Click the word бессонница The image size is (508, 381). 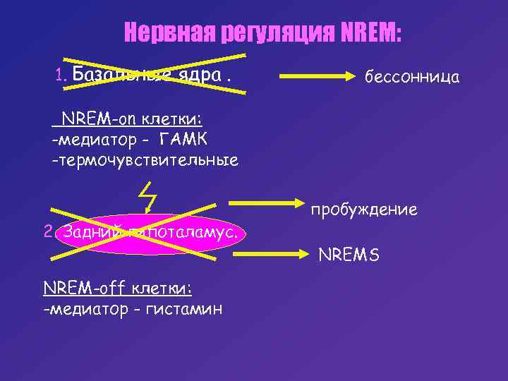412,77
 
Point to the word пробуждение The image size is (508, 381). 363,210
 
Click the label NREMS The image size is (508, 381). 349,254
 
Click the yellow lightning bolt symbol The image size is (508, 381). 147,195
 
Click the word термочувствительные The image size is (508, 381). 145,161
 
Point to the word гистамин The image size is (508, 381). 185,309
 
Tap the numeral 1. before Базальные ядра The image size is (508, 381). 61,74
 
